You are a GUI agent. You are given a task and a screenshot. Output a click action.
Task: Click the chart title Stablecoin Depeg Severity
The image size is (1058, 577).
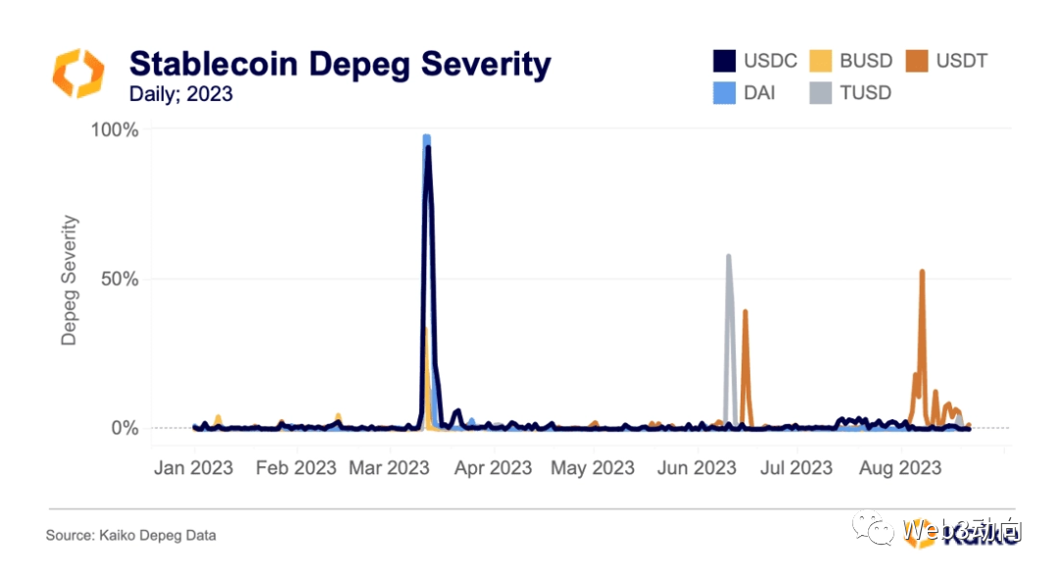coord(340,65)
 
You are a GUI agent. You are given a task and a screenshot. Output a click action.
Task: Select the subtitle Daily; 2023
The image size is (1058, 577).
coord(181,95)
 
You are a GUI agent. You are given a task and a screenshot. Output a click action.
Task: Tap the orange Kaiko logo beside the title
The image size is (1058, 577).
coord(77,72)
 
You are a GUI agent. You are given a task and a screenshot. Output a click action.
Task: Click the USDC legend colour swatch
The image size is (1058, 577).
coord(724,61)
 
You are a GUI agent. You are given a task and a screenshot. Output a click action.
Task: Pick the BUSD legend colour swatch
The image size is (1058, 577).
coord(821,61)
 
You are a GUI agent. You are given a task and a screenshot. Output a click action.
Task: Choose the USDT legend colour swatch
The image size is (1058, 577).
coord(917,61)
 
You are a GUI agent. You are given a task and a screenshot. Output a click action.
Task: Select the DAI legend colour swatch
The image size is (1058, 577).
coord(724,94)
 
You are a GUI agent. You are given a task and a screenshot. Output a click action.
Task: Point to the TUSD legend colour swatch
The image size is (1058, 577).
coord(821,94)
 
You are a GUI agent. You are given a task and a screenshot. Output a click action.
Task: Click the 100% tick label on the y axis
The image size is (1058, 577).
coord(114,130)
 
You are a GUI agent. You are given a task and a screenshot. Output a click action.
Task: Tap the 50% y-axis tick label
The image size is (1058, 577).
coord(119,279)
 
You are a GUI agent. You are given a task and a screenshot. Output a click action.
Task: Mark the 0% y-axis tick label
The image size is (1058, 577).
coord(123,428)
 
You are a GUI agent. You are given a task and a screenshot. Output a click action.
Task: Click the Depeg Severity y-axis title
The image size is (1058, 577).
coord(69,280)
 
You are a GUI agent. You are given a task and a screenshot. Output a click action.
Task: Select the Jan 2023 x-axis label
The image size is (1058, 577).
coord(193,468)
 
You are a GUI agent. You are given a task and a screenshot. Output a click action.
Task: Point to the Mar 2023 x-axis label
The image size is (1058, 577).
coord(389,468)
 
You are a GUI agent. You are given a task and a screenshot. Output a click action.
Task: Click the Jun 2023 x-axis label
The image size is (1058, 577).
coord(697,468)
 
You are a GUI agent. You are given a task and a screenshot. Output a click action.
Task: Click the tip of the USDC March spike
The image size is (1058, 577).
coord(428,148)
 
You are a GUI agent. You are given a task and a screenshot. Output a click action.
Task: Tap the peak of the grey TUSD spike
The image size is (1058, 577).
coord(729,257)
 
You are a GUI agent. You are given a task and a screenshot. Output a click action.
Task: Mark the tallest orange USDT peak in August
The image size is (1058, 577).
coord(922,271)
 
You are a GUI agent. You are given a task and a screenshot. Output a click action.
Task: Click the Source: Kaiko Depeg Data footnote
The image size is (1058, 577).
coord(130,536)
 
